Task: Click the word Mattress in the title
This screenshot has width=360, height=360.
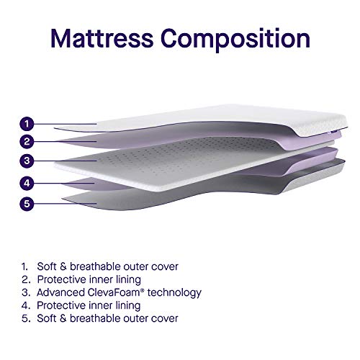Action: [102, 38]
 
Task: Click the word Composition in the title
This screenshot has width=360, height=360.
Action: [235, 40]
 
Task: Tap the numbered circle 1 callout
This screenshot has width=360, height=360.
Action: [27, 124]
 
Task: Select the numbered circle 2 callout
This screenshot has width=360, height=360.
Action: [27, 141]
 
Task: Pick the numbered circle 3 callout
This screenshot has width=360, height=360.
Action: [27, 161]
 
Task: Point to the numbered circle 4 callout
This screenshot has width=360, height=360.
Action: [27, 184]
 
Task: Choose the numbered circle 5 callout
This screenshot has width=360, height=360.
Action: [27, 204]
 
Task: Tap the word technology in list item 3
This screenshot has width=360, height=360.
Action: [174, 293]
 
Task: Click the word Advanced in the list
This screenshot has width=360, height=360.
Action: [60, 292]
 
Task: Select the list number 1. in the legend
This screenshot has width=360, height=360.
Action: [25, 266]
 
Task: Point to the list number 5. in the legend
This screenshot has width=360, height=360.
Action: [26, 318]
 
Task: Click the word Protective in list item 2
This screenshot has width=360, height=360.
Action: [62, 279]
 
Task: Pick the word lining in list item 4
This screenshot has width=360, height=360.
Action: [128, 306]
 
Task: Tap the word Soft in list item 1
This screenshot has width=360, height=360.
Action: [47, 266]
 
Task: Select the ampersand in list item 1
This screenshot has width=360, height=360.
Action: [63, 266]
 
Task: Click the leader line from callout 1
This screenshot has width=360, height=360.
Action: [66, 124]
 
